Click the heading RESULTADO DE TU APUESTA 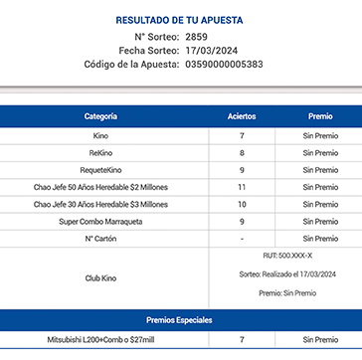pos(180,19)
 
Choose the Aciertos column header pos(242,116)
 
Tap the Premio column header pos(320,116)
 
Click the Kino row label pos(100,135)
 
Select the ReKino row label pos(100,153)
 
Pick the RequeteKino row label pos(100,170)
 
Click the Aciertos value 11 pos(242,187)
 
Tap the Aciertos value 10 pos(242,204)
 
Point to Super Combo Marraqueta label pos(100,221)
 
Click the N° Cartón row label pos(100,239)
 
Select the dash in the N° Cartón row pos(242,239)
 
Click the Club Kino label pos(100,278)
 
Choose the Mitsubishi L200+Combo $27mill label pos(100,340)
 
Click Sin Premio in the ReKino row pos(320,153)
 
